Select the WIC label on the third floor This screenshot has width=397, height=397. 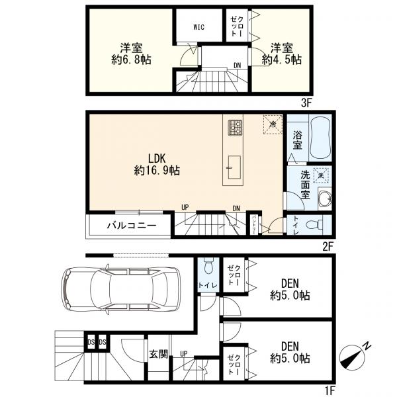pyautogui.click(x=198, y=28)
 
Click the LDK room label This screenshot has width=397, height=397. pyautogui.click(x=156, y=158)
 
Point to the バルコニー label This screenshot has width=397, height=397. pyautogui.click(x=132, y=226)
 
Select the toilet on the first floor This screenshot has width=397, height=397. pyautogui.click(x=206, y=267)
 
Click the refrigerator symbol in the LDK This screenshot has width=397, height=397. pyautogui.click(x=271, y=124)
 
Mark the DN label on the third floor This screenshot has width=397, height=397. pyautogui.click(x=236, y=65)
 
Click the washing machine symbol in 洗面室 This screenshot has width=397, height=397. pyautogui.click(x=322, y=176)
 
